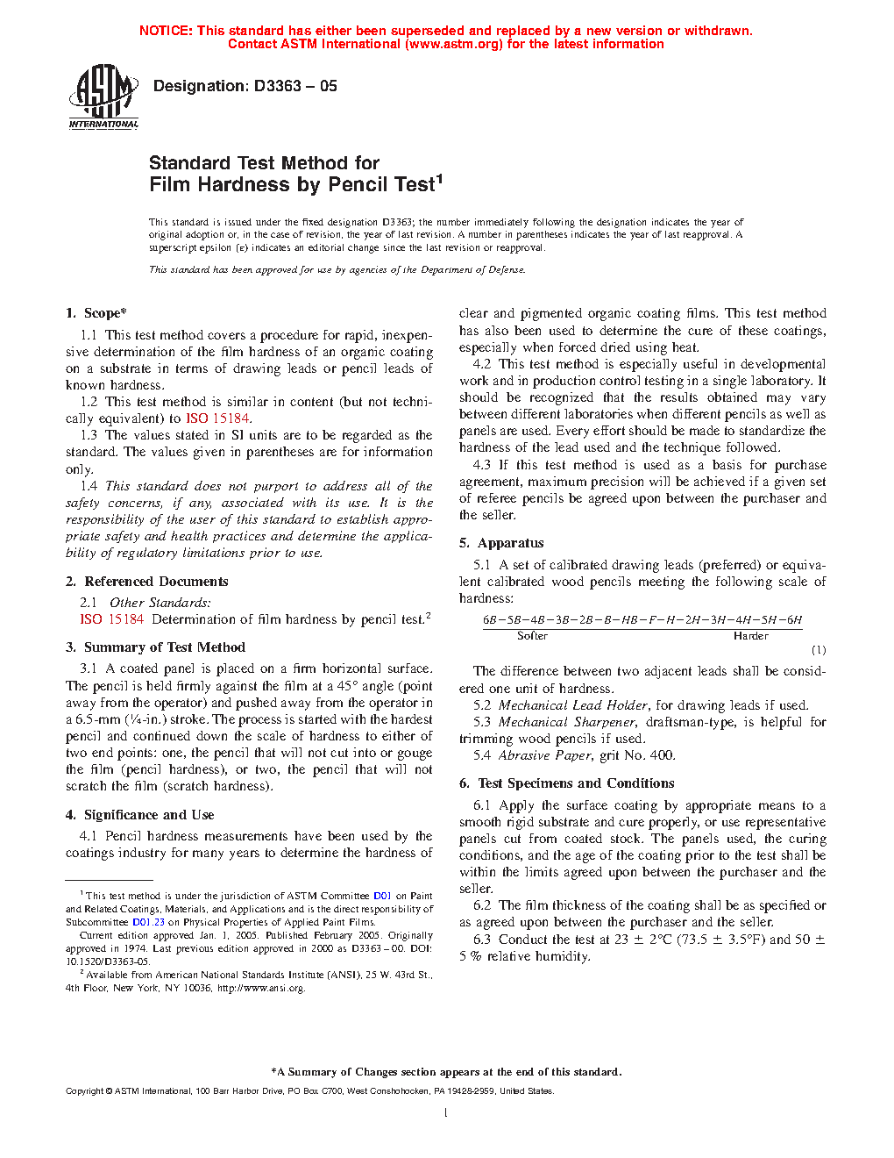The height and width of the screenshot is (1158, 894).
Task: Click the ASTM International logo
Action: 103,96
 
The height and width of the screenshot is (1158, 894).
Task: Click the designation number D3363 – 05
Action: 295,86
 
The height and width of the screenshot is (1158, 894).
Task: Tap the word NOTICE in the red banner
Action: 166,31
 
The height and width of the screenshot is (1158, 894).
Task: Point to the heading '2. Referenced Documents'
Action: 147,582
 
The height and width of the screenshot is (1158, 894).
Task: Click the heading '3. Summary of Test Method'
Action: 155,647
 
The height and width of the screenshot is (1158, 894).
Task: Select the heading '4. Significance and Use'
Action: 140,815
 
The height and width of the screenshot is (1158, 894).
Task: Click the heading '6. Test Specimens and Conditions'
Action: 567,783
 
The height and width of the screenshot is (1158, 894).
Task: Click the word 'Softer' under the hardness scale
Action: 532,636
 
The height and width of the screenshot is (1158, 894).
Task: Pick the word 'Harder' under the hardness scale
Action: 751,636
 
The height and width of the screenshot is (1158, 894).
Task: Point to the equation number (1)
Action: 818,650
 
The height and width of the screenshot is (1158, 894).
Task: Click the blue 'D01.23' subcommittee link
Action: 148,922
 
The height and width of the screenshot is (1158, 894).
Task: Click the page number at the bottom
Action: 446,1113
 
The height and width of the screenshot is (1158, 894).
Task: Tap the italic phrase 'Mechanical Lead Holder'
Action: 573,705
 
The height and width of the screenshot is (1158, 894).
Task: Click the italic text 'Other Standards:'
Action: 160,603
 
